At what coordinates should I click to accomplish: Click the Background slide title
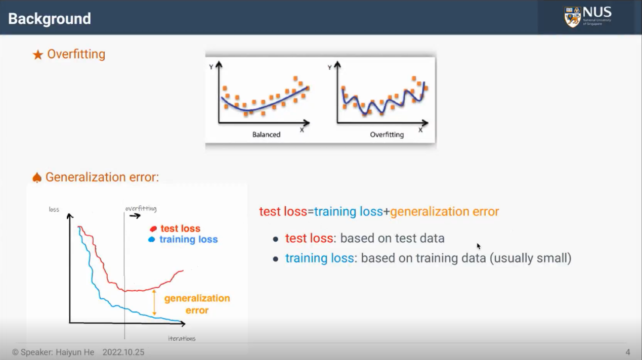[x=49, y=19]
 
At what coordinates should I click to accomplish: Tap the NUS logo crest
[x=572, y=17]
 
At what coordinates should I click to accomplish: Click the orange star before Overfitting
[x=38, y=55]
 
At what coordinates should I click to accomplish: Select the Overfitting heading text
[x=76, y=54]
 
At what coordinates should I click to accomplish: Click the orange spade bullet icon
[x=37, y=177]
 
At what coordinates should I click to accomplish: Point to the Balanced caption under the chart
[x=266, y=134]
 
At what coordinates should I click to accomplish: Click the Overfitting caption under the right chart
[x=387, y=134]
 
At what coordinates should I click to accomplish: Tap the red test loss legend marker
[x=153, y=229]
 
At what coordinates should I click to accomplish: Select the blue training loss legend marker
[x=152, y=239]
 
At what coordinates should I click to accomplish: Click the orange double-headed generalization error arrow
[x=154, y=302]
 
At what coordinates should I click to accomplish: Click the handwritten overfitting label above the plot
[x=141, y=208]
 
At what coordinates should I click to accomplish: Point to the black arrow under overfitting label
[x=135, y=216]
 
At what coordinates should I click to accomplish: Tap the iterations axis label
[x=182, y=339]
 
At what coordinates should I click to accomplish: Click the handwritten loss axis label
[x=54, y=209]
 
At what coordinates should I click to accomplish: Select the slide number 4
[x=628, y=352]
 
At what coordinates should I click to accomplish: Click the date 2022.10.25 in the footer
[x=123, y=352]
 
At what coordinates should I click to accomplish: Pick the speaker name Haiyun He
[x=75, y=352]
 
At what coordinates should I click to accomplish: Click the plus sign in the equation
[x=387, y=212]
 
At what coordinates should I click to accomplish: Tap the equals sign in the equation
[x=311, y=212]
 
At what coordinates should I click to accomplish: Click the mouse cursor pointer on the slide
[x=479, y=246]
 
